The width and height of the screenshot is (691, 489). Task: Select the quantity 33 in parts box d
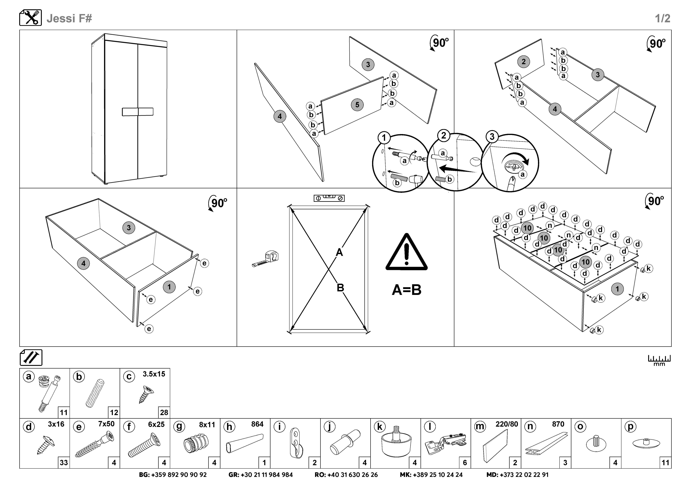point(64,463)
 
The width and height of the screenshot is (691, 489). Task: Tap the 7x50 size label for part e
point(106,424)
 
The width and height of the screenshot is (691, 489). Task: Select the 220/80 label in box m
point(507,424)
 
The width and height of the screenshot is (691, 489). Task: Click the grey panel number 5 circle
point(357,105)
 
